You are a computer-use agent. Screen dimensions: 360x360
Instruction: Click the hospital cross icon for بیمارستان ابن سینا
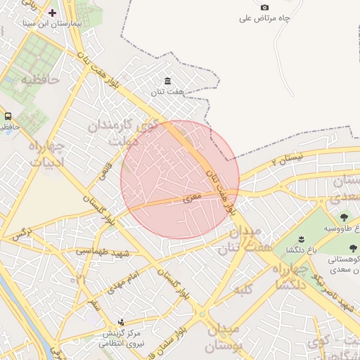click(x=52, y=13)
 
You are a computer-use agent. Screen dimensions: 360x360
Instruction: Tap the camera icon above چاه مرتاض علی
click(x=264, y=7)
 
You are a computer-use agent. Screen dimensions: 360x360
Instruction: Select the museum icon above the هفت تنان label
click(x=167, y=81)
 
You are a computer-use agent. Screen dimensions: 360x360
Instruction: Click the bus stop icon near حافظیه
click(x=8, y=116)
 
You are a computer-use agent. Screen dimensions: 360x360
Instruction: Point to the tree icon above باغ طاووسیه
click(x=343, y=217)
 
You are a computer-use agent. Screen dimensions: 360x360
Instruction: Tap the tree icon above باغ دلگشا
click(x=300, y=239)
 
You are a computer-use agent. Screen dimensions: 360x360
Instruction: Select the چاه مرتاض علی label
click(x=264, y=18)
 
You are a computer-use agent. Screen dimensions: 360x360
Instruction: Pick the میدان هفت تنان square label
click(x=239, y=240)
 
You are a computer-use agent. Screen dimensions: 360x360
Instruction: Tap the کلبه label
click(x=245, y=288)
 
